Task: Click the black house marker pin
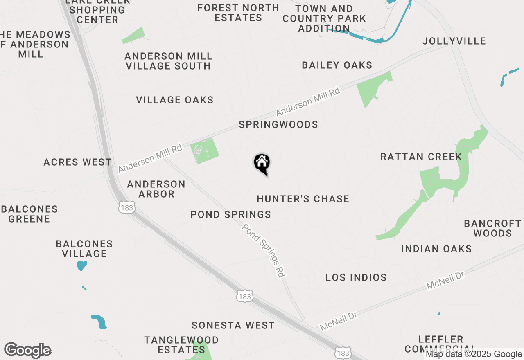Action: pos(262,163)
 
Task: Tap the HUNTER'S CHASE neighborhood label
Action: pos(303,199)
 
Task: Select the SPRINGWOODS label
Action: pos(278,124)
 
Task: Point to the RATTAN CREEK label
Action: pos(421,157)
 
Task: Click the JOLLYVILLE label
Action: pos(454,41)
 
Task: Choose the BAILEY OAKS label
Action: pos(337,65)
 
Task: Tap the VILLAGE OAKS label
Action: pos(175,100)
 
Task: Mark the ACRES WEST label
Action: pos(77,162)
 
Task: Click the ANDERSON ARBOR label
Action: pos(156,189)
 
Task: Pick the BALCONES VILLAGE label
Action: pos(84,249)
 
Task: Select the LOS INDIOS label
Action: pos(356,277)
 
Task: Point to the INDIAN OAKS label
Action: pos(436,249)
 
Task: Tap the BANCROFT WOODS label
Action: pos(492,228)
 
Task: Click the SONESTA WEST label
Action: pos(233,325)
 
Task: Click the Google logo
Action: pos(27,351)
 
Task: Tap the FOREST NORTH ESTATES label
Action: pos(238,13)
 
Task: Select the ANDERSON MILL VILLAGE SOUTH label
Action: pos(168,61)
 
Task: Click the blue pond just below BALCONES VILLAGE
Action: pos(82,265)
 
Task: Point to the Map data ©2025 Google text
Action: pos(474,354)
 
